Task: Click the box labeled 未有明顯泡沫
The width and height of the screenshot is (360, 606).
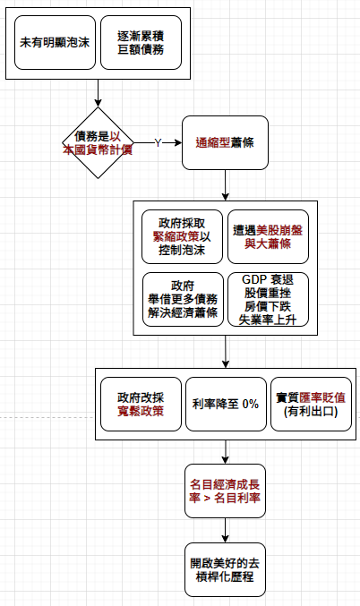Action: coord(55,42)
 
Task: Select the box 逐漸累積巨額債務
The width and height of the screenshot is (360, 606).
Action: coord(141,42)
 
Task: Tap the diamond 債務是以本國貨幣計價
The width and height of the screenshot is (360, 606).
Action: coord(99,142)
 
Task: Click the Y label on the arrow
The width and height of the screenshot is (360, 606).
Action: coord(158,142)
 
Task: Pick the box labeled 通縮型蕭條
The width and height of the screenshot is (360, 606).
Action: coord(225,142)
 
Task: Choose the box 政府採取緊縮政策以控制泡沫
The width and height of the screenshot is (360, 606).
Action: coord(182,236)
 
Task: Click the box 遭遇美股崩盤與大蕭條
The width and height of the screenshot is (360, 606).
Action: coord(268,236)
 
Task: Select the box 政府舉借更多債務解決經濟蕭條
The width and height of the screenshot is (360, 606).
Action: coord(183,299)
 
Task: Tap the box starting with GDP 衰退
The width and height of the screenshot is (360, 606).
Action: coord(268,299)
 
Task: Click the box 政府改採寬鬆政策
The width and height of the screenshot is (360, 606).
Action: coord(141,404)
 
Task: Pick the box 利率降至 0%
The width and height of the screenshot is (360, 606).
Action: coord(226,404)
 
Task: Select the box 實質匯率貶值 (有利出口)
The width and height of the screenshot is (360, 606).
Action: coord(311,404)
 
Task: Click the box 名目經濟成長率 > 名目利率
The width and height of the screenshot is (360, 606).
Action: coord(225,491)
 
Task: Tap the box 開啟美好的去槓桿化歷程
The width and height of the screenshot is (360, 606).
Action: coord(225,569)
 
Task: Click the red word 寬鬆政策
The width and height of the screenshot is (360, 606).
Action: coord(141,411)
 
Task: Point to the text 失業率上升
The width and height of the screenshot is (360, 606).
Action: coord(268,320)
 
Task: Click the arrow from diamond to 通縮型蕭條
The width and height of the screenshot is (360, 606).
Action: coord(158,142)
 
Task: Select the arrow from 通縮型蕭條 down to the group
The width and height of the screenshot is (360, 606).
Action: coord(226,185)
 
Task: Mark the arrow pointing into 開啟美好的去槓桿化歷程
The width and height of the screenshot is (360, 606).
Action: coord(226,530)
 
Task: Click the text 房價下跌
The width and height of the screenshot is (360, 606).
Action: coord(268,306)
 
